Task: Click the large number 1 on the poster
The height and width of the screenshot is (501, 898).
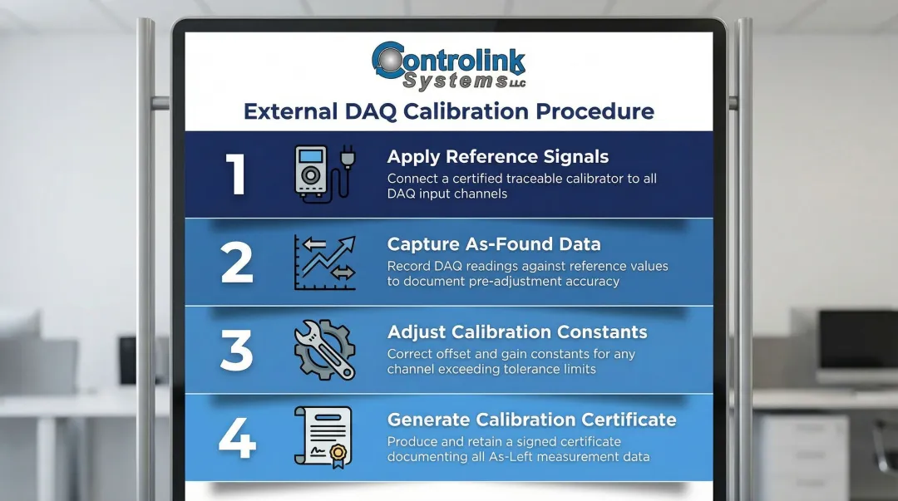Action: tap(237, 174)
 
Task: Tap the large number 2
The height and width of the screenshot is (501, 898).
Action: tap(237, 262)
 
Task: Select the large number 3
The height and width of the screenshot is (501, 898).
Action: tap(237, 350)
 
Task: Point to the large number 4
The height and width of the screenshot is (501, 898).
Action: tap(237, 437)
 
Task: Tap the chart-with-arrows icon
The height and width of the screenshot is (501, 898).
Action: tap(324, 263)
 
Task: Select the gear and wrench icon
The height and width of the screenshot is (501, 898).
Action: tap(324, 350)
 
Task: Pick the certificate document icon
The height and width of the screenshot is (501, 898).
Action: tap(323, 436)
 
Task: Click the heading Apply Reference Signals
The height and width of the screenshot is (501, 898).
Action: tap(498, 156)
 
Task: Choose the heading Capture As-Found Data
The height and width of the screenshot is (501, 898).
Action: tap(494, 244)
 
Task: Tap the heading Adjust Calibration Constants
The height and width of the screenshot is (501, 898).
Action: tap(517, 332)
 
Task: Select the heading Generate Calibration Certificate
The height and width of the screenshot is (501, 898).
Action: tap(531, 420)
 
